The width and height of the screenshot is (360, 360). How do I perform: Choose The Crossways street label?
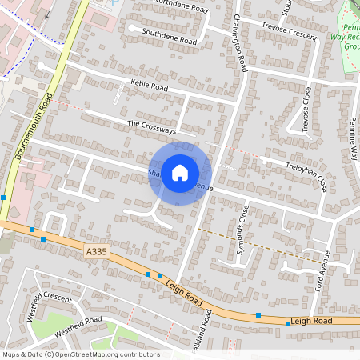click(x=151, y=126)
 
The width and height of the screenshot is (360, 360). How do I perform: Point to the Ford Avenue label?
click(x=321, y=270)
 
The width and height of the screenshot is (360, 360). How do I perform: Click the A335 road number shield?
click(x=96, y=252)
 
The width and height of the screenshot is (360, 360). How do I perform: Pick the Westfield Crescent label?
click(x=49, y=305)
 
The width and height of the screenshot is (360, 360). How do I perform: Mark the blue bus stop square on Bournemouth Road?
click(x=3, y=197)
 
